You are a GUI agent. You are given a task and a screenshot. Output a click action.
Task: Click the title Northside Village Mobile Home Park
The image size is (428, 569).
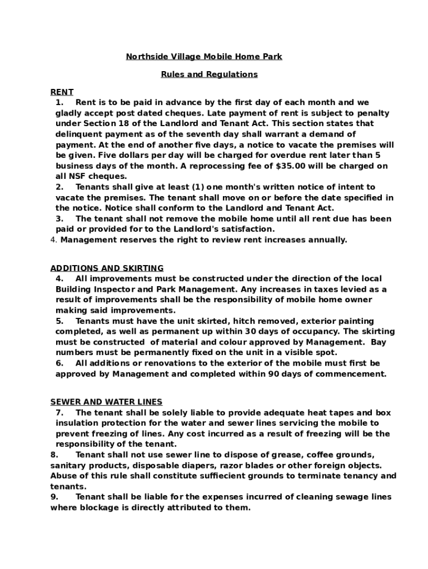203,57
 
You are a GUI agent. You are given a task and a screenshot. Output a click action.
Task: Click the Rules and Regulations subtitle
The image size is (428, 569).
209,74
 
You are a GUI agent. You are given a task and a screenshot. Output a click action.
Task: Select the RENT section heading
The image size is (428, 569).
62,92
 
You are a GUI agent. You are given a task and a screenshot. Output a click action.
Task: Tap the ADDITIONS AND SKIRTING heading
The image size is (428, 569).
107,268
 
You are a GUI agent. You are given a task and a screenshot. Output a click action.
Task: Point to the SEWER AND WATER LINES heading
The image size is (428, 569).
106,402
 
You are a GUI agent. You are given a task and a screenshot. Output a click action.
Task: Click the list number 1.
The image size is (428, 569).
58,103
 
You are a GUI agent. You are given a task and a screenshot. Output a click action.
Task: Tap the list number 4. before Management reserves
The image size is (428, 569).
53,240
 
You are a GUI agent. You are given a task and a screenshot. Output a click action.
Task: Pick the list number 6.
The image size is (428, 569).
59,363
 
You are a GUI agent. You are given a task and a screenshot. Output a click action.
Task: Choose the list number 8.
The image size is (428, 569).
53,455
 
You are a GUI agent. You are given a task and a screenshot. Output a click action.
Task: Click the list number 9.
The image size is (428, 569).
53,497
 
